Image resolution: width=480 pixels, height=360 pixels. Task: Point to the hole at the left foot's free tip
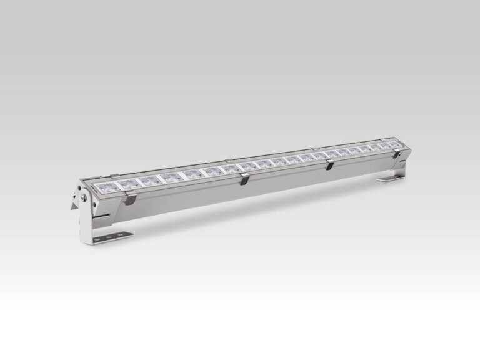point(124,234)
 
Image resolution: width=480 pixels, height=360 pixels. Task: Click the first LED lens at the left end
point(107,187)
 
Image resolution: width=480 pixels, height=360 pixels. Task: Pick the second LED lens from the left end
point(127,184)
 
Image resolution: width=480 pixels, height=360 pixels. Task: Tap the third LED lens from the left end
point(148,181)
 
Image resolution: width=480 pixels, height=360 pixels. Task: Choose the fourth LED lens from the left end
point(169,177)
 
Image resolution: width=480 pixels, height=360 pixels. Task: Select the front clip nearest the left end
point(130,199)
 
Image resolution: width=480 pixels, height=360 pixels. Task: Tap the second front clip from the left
point(244,180)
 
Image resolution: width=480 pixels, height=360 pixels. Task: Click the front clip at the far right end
point(396,153)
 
